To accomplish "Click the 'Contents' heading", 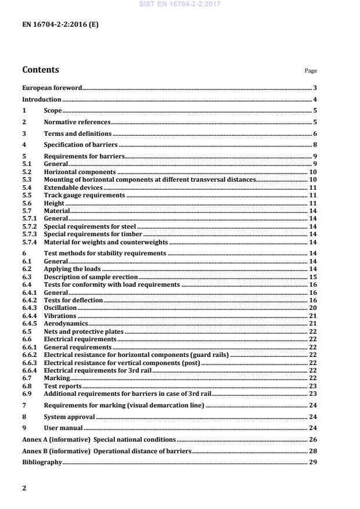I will pos(40,70).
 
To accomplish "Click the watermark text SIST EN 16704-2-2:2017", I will pos(179,5).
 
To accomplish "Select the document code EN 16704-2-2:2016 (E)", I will pos(56,26).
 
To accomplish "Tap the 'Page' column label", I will pos(311,71).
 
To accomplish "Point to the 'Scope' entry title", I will pos(53,110).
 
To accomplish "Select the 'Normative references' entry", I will pos(77,122).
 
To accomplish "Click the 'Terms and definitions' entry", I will pos(78,133).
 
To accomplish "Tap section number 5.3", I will pos(26,180).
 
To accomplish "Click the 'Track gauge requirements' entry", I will pos(85,196).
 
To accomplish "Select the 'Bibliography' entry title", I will pos(42,463).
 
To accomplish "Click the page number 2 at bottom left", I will pos(24,488).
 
